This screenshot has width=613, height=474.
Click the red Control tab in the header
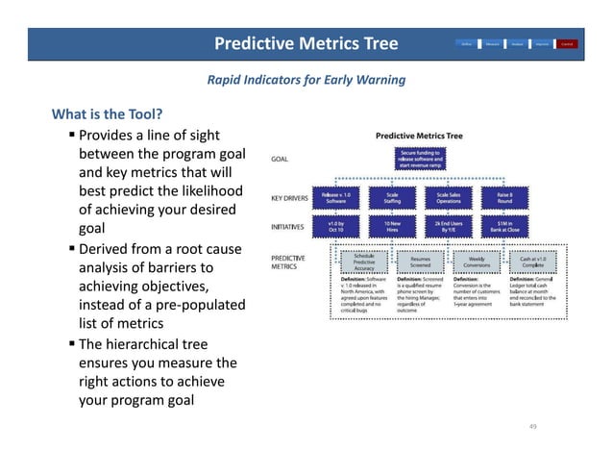click(x=567, y=43)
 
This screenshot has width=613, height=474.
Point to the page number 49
click(x=534, y=425)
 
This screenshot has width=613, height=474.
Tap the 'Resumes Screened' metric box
click(x=420, y=261)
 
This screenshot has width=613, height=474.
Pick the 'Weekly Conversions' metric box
click(x=476, y=261)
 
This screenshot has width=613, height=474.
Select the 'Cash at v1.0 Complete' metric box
click(x=532, y=261)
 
